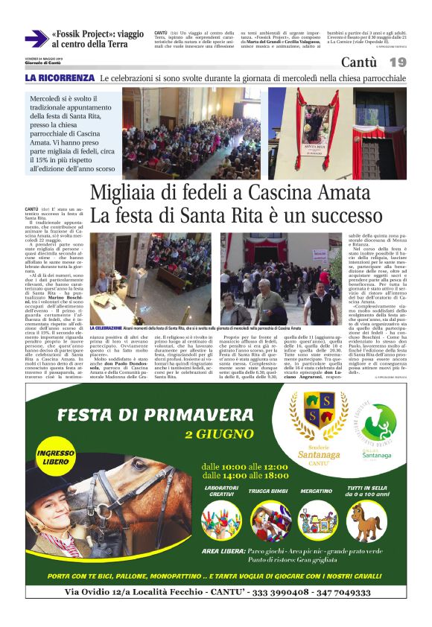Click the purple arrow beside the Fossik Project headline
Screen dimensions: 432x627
click(35, 39)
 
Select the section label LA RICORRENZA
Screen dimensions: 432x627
click(60, 78)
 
